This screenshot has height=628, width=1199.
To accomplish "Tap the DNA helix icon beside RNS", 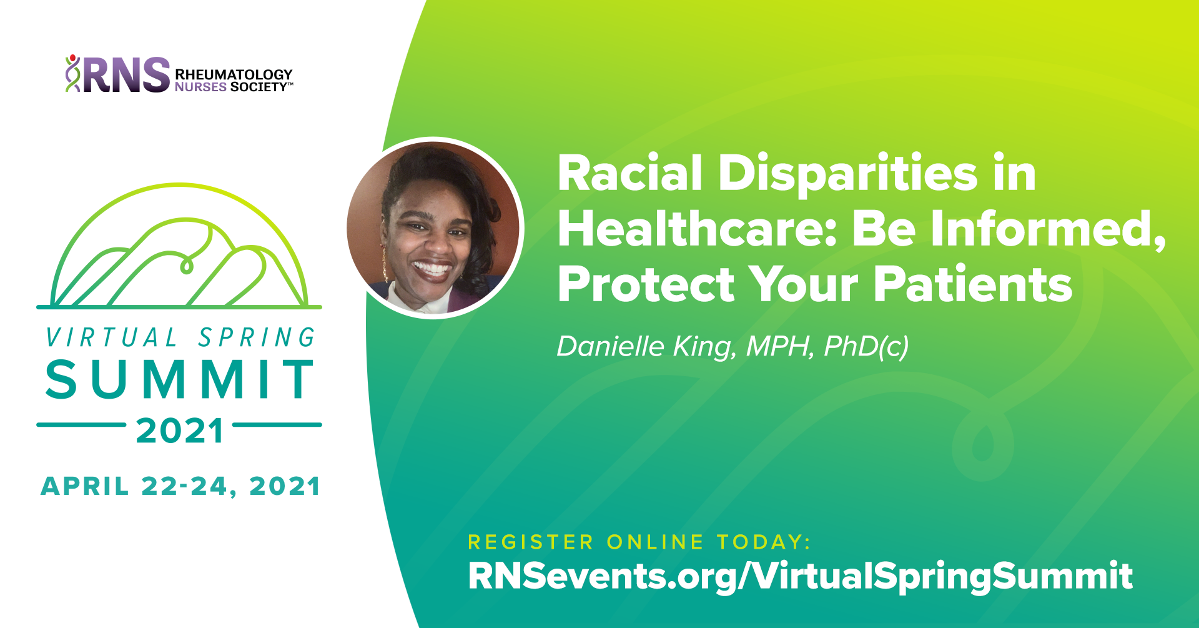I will pyautogui.click(x=73, y=74).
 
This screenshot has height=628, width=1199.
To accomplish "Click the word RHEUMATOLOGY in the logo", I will pyautogui.click(x=234, y=74).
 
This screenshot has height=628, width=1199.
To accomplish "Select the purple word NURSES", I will pyautogui.click(x=200, y=87).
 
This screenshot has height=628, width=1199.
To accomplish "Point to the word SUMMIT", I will pyautogui.click(x=180, y=379).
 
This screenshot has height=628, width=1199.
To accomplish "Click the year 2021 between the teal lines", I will pyautogui.click(x=180, y=431).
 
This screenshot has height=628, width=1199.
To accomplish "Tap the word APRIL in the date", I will pyautogui.click(x=85, y=486).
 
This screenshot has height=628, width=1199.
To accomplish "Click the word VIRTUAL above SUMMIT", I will pyautogui.click(x=112, y=337).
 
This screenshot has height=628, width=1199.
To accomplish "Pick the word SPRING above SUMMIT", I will pyautogui.click(x=257, y=337).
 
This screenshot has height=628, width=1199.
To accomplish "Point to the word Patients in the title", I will pyautogui.click(x=972, y=284).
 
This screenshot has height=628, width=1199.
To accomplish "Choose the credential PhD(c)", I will pyautogui.click(x=866, y=347).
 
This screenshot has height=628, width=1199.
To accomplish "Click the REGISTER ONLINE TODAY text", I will pyautogui.click(x=639, y=542).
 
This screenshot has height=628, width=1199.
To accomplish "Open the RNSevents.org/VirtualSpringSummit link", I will pyautogui.click(x=800, y=576).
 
